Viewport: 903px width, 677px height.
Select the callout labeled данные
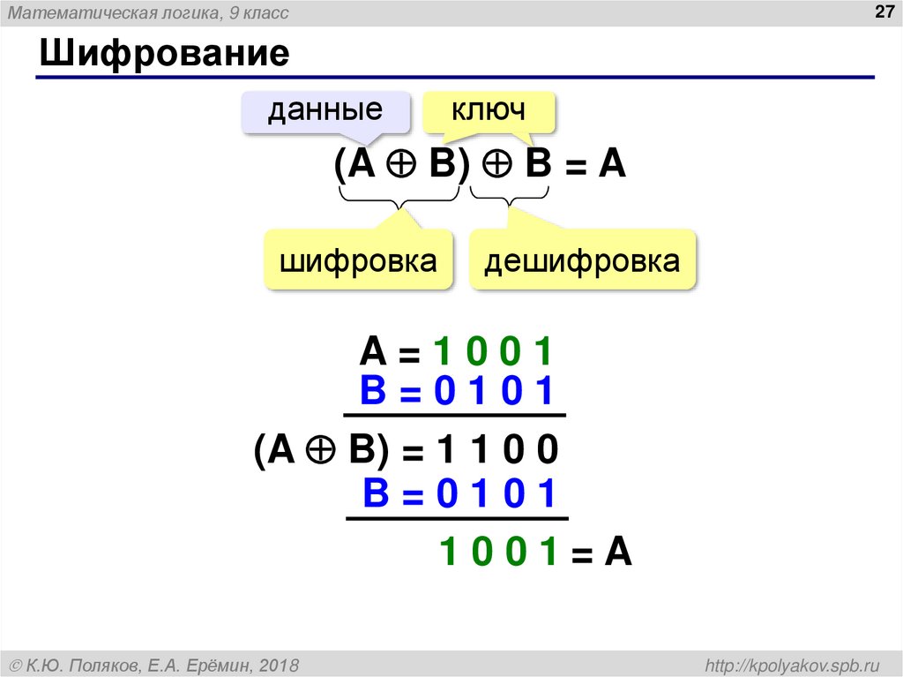click(x=325, y=111)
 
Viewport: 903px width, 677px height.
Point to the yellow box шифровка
click(x=359, y=261)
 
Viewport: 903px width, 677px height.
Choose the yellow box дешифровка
click(x=583, y=261)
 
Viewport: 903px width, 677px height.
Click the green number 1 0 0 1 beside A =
click(x=493, y=353)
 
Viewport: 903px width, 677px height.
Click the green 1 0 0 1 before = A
click(x=499, y=553)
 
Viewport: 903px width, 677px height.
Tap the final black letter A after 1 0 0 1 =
click(x=619, y=553)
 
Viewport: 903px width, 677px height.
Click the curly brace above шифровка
click(x=402, y=205)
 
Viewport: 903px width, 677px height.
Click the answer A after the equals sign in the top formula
click(x=612, y=164)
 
